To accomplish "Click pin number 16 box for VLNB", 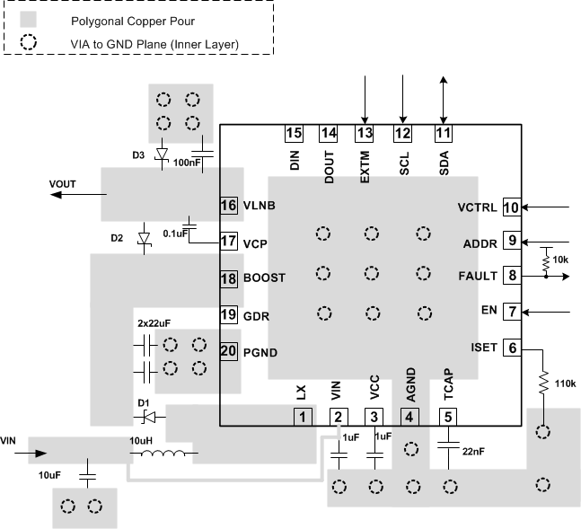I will click(228, 205).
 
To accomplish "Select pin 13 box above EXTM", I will click(365, 134).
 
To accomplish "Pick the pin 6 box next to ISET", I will click(511, 348).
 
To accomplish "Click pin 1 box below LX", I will click(303, 417).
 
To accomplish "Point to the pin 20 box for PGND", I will click(229, 351).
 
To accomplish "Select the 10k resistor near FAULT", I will click(545, 260).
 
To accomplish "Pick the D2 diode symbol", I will click(143, 239).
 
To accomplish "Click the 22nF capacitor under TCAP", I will click(447, 443).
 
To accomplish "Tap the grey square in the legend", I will click(28, 18).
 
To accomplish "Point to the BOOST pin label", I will click(264, 278).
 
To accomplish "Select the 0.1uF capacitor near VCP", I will click(189, 222).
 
